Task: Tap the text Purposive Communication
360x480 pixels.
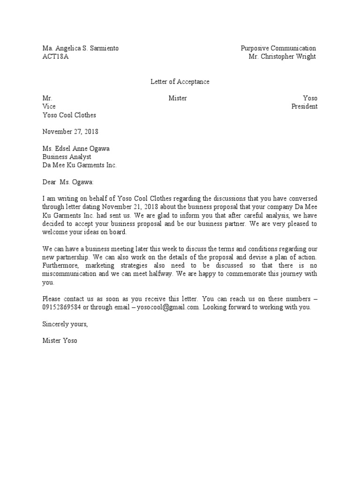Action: (x=278, y=48)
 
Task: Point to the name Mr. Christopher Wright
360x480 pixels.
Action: (x=282, y=57)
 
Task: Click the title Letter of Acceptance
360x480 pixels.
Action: (x=180, y=82)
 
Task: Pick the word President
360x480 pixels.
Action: (x=304, y=106)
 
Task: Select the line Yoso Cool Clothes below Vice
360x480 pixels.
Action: (x=69, y=115)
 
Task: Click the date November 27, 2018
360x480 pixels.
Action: (x=70, y=132)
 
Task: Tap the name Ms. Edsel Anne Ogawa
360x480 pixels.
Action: (x=76, y=149)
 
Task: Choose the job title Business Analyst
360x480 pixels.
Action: (x=67, y=157)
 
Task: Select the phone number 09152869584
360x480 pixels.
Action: (x=61, y=307)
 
